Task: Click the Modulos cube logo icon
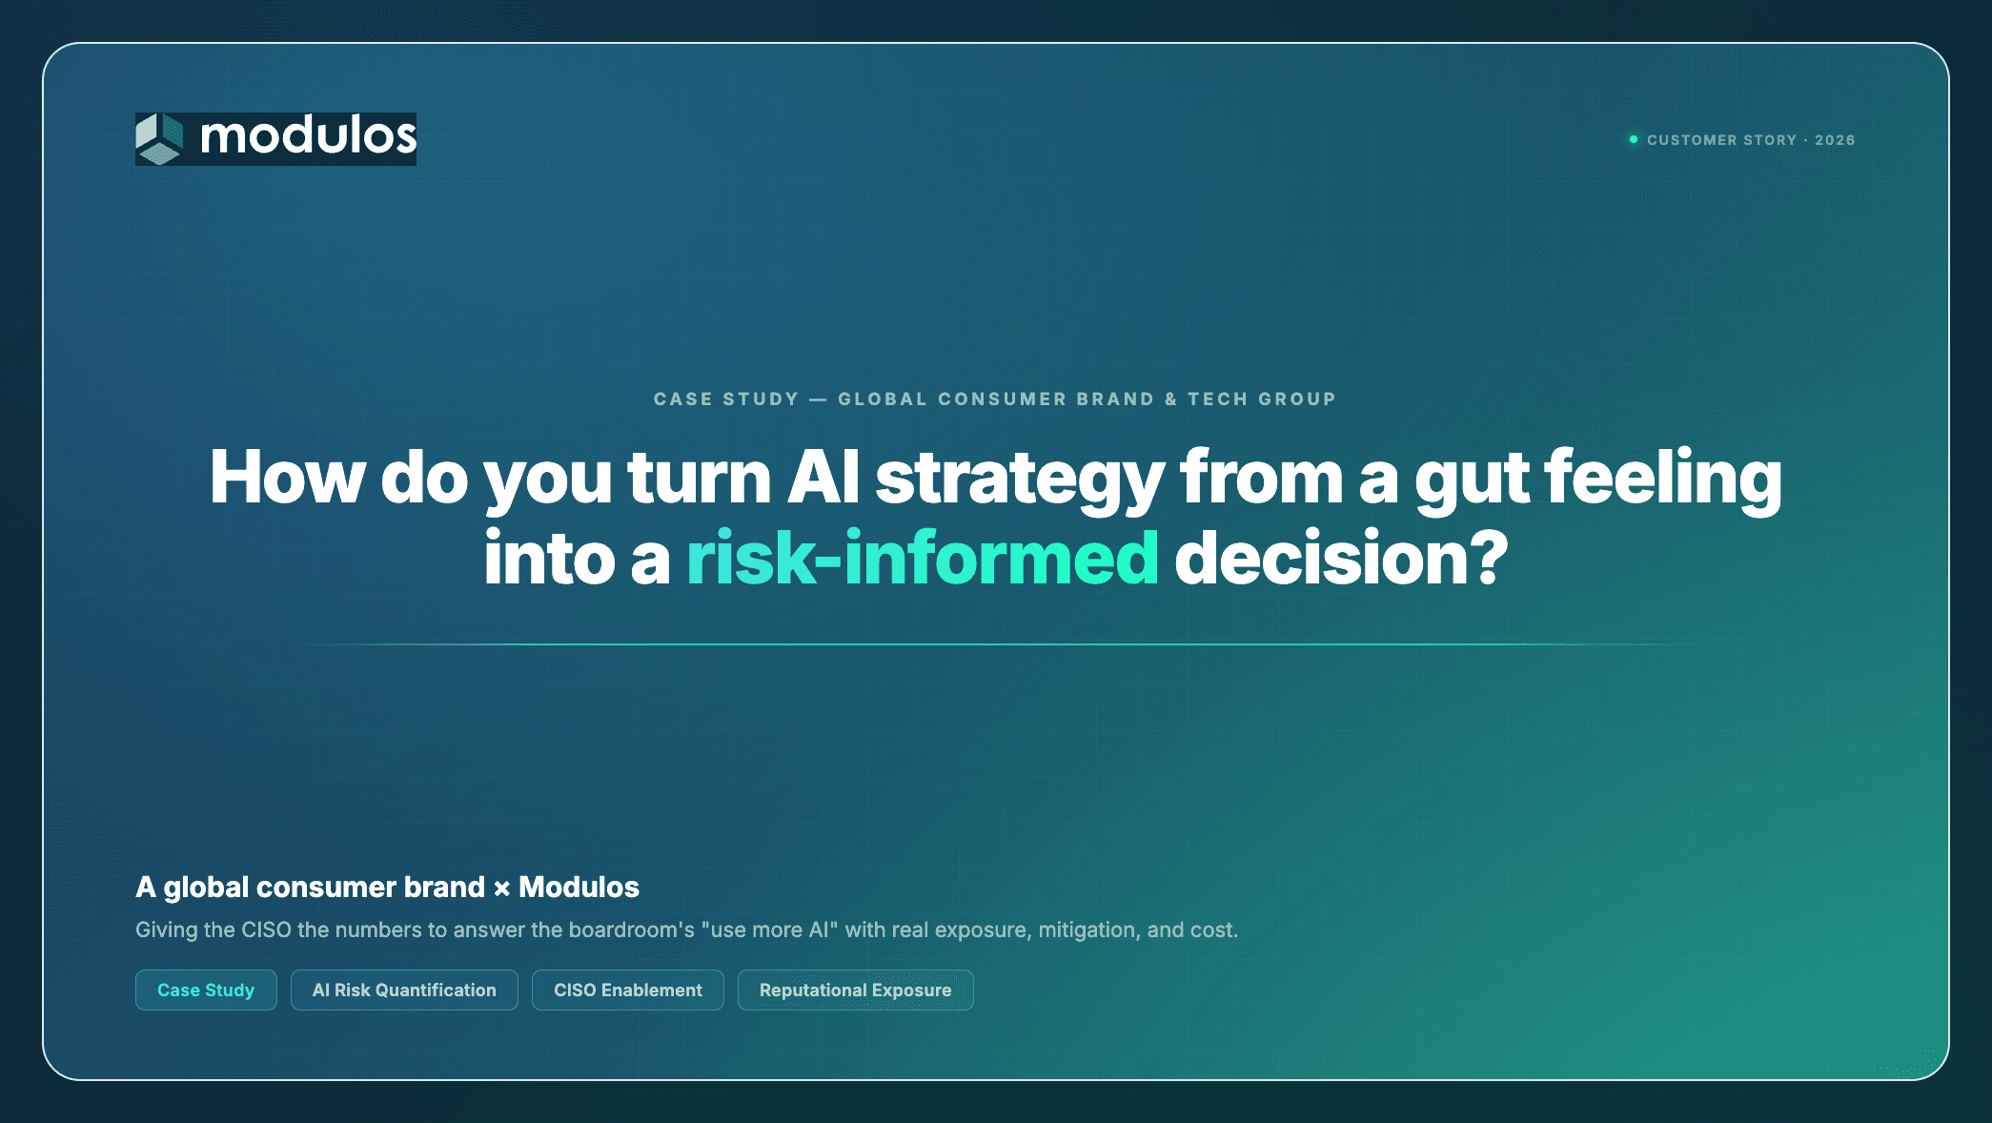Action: [159, 139]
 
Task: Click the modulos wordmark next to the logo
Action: [308, 136]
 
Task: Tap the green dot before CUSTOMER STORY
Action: [1634, 139]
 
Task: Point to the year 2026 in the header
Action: [1835, 140]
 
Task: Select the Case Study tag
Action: [206, 990]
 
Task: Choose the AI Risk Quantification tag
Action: [404, 990]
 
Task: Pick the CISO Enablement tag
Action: [628, 990]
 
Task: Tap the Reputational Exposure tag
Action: [855, 990]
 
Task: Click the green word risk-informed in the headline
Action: [922, 558]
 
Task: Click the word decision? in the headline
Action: [1341, 558]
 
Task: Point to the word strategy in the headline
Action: [1020, 480]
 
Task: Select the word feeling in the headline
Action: [1663, 480]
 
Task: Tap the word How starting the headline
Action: [287, 477]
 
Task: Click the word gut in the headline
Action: [1472, 481]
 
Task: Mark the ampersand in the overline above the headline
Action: [1170, 399]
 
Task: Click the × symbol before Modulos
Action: [501, 888]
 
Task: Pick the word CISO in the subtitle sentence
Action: [266, 929]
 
